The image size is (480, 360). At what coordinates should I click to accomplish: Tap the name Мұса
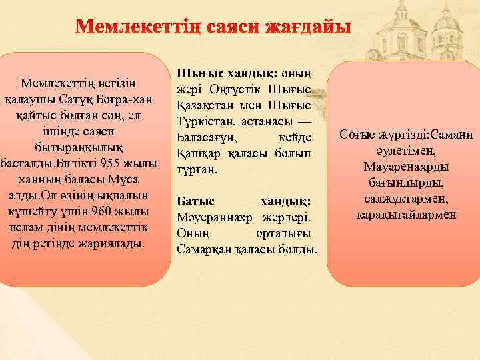coord(131,179)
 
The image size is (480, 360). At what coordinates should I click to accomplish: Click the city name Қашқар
coord(199,154)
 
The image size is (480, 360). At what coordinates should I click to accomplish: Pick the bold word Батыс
coord(195,201)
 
